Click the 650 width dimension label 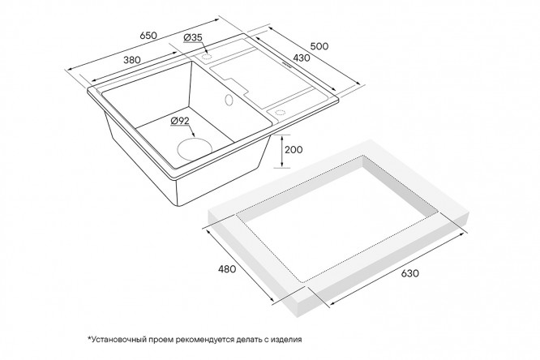[148, 35]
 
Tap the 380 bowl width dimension [132, 60]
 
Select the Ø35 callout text [193, 37]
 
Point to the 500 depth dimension [319, 46]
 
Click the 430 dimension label [302, 58]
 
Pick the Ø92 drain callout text [180, 121]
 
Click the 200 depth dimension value [294, 149]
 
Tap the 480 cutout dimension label [226, 268]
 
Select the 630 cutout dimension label [409, 273]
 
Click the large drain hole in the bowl [195, 149]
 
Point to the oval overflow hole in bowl [229, 100]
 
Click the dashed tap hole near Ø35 [207, 57]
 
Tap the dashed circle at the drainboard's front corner [279, 112]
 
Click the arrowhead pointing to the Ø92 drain [193, 135]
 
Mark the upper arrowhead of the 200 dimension [282, 138]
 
